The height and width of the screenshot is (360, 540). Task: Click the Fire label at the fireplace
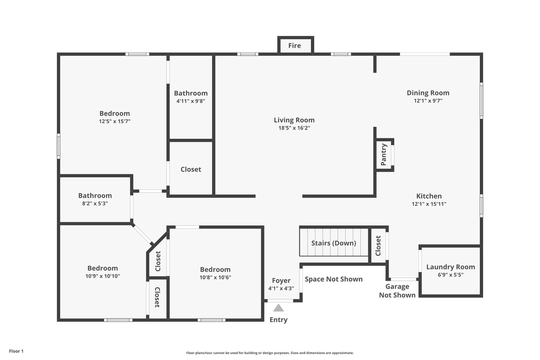tap(294, 46)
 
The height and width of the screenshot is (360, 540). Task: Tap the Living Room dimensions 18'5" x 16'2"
tap(294, 128)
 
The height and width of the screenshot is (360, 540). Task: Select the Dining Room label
tap(428, 93)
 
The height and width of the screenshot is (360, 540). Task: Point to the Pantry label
tap(383, 154)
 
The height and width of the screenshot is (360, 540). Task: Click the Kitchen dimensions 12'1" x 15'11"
tap(429, 204)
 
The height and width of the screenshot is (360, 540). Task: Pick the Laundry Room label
tap(451, 267)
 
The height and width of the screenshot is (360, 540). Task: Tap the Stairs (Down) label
tap(333, 243)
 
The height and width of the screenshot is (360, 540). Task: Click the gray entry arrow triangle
tap(278, 308)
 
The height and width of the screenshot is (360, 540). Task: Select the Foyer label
tap(281, 281)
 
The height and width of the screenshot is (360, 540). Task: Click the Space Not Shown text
tap(334, 279)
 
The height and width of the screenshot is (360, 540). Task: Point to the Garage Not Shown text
tap(397, 291)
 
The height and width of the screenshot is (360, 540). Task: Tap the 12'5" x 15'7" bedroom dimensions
tap(114, 121)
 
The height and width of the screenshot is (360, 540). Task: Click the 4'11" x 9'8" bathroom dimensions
tap(191, 101)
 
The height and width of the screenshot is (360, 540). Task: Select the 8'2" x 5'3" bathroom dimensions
tap(95, 203)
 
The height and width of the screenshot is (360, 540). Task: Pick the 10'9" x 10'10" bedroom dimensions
tap(103, 276)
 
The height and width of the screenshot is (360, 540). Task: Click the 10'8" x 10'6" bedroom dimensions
tap(215, 277)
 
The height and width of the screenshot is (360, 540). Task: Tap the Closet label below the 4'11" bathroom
tap(191, 169)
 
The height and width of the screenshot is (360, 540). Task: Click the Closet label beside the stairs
tap(378, 246)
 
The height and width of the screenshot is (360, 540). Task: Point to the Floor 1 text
tap(16, 351)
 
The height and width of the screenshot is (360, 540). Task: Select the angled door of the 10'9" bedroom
tap(142, 234)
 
